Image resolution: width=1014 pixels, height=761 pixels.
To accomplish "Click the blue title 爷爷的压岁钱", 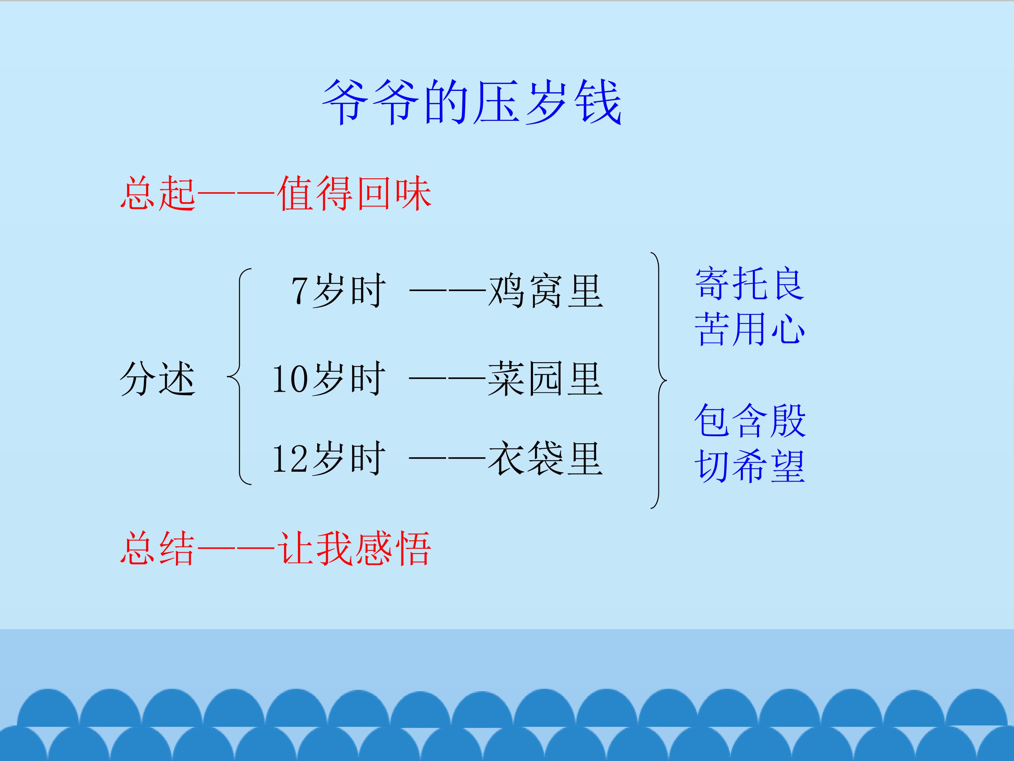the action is [x=472, y=102].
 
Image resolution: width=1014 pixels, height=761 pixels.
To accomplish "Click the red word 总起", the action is [x=158, y=193].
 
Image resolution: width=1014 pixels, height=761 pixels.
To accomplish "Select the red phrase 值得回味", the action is [x=354, y=193].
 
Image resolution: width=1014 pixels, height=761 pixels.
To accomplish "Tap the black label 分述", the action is [x=158, y=379].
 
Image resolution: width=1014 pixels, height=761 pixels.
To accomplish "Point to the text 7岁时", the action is [x=338, y=291].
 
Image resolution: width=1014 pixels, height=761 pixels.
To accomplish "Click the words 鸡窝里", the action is [x=545, y=291].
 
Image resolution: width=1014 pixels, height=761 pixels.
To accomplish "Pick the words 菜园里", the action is [x=545, y=379].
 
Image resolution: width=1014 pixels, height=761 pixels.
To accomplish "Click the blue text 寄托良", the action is [x=750, y=284].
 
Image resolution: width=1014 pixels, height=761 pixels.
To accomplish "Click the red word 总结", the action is [x=158, y=548].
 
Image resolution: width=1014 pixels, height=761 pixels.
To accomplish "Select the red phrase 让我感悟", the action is [x=354, y=548].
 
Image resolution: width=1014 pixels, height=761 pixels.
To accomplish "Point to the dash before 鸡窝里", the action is [x=447, y=290].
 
